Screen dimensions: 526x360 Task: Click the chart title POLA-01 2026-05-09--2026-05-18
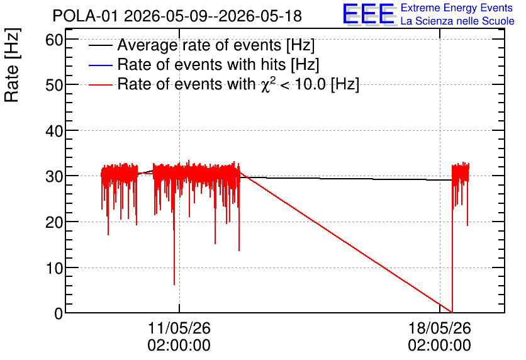[x=177, y=16]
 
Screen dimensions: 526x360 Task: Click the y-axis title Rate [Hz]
[x=12, y=65]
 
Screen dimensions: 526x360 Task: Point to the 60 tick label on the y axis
[x=54, y=40]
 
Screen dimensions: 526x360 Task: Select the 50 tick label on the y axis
[x=54, y=85]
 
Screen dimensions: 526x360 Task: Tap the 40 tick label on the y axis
[x=54, y=131]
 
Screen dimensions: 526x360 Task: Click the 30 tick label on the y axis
[x=54, y=176]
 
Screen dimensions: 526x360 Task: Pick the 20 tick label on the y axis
[x=54, y=222]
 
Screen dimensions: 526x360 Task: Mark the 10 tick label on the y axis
[x=54, y=268]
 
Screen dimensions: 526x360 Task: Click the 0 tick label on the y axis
[x=59, y=313]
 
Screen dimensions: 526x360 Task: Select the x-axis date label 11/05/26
[x=179, y=328]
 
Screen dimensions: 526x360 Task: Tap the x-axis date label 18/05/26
[x=439, y=328]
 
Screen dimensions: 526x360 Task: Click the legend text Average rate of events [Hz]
[x=216, y=45]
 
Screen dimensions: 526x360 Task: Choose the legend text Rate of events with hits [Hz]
[x=218, y=64]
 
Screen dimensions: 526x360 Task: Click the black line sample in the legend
[x=100, y=45]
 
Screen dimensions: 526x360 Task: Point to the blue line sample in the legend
[x=100, y=65]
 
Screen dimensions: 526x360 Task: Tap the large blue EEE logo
[x=369, y=14]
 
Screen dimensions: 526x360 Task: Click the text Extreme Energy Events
[x=457, y=8]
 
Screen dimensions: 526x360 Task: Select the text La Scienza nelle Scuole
[x=457, y=21]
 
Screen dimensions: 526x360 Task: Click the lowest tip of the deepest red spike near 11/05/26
[x=174, y=285]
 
